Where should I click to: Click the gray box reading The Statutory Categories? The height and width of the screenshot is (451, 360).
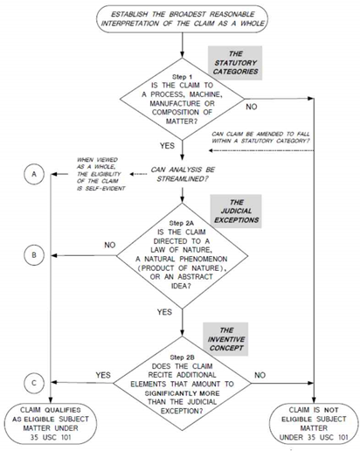pyautogui.click(x=235, y=63)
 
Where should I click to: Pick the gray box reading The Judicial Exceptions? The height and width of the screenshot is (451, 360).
pyautogui.click(x=236, y=211)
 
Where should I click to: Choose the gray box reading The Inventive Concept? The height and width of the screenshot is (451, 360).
pyautogui.click(x=226, y=339)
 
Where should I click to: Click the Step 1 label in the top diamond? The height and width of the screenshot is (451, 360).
pyautogui.click(x=182, y=77)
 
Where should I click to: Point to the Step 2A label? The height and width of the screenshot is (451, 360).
pyautogui.click(x=182, y=223)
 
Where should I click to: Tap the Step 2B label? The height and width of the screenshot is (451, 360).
pyautogui.click(x=182, y=357)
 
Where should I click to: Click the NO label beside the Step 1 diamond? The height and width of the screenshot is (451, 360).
pyautogui.click(x=252, y=107)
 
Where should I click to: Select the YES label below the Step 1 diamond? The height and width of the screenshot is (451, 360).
pyautogui.click(x=167, y=145)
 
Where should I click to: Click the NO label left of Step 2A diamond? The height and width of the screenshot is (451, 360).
pyautogui.click(x=110, y=245)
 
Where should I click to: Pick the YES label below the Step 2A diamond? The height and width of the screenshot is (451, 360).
pyautogui.click(x=164, y=312)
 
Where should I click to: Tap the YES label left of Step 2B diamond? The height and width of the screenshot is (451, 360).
pyautogui.click(x=103, y=375)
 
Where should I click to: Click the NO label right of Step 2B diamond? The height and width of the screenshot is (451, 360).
pyautogui.click(x=260, y=375)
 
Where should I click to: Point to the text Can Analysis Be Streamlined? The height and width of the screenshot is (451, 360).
pyautogui.click(x=183, y=174)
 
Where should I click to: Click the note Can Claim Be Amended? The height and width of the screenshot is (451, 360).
pyautogui.click(x=260, y=137)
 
